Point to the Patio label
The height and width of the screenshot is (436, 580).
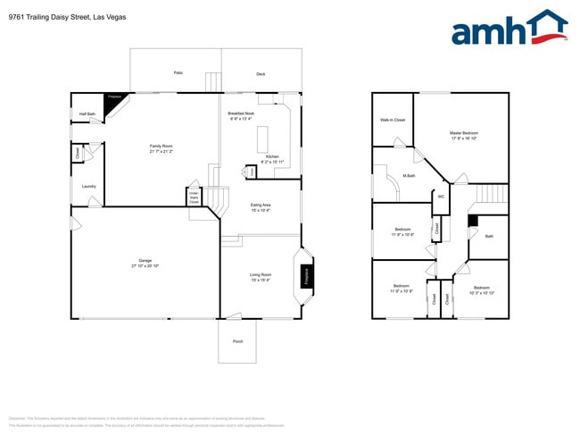[178, 71]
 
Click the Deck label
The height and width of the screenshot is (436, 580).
[261, 74]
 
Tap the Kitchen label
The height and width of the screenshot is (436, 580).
[272, 158]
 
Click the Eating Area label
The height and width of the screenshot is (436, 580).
[261, 206]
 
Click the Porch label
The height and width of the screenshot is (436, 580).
[237, 341]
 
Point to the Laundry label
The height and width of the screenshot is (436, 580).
[88, 186]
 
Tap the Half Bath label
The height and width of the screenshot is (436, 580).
[87, 113]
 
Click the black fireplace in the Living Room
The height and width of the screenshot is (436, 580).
[307, 275]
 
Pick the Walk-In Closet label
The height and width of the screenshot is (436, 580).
[393, 119]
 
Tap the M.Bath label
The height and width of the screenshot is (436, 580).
[409, 175]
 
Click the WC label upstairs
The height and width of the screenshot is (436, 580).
[440, 197]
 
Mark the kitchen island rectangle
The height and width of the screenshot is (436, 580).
[263, 140]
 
